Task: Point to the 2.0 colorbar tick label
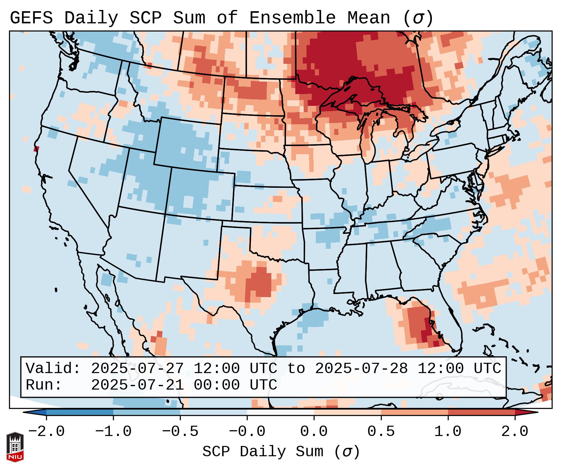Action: click(x=515, y=432)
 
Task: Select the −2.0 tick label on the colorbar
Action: click(x=46, y=432)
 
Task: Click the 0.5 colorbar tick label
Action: click(x=381, y=432)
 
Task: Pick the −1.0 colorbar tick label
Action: click(x=113, y=432)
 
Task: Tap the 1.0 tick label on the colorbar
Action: click(x=448, y=432)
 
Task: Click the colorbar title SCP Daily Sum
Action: click(x=268, y=452)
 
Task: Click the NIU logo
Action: click(x=15, y=447)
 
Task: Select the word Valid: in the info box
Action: click(x=53, y=368)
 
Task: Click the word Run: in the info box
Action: click(x=44, y=385)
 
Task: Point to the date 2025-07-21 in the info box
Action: click(x=137, y=385)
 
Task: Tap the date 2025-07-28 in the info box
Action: click(x=361, y=368)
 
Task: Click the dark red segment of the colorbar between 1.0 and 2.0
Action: click(x=481, y=412)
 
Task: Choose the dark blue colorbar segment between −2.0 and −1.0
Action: click(x=80, y=412)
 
